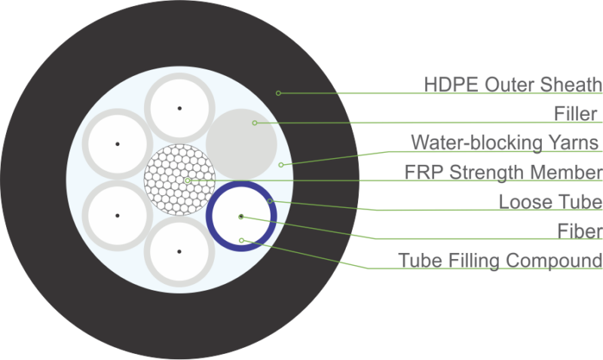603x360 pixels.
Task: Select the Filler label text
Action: click(x=576, y=114)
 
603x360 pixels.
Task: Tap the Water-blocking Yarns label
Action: click(x=505, y=142)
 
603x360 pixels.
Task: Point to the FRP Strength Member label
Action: click(x=503, y=172)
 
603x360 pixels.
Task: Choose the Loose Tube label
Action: click(x=550, y=201)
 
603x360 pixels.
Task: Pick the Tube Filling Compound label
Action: click(x=500, y=261)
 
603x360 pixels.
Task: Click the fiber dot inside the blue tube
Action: click(x=241, y=216)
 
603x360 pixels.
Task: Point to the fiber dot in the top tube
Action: click(x=179, y=108)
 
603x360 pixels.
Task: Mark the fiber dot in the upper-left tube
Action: click(x=118, y=144)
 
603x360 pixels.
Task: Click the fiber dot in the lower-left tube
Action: click(x=118, y=215)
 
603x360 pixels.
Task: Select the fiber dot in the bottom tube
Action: click(x=179, y=251)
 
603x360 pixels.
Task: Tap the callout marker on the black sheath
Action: click(x=278, y=93)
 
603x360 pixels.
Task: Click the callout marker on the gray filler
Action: click(x=255, y=123)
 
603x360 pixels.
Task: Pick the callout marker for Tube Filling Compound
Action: click(x=241, y=240)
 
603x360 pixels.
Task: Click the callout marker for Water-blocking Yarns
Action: click(x=280, y=164)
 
